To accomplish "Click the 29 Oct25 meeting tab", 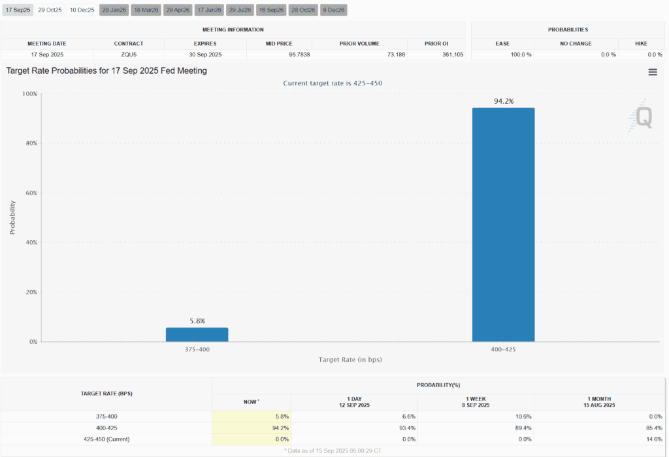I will pyautogui.click(x=50, y=10).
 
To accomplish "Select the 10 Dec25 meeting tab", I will pyautogui.click(x=82, y=10).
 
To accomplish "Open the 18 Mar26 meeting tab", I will pyautogui.click(x=146, y=10).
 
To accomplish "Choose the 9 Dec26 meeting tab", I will pyautogui.click(x=334, y=10).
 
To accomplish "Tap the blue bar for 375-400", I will pyautogui.click(x=197, y=334).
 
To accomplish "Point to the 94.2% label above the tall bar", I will pyautogui.click(x=503, y=101).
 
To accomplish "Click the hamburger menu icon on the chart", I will pyautogui.click(x=652, y=72).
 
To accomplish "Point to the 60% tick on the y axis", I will pyautogui.click(x=30, y=193).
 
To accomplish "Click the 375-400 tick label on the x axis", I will pyautogui.click(x=197, y=349).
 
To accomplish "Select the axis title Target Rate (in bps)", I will pyautogui.click(x=350, y=360).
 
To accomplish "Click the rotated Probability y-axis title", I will pyautogui.click(x=12, y=217).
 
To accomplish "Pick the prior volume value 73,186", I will pyautogui.click(x=392, y=54).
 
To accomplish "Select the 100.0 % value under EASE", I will pyautogui.click(x=521, y=54).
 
